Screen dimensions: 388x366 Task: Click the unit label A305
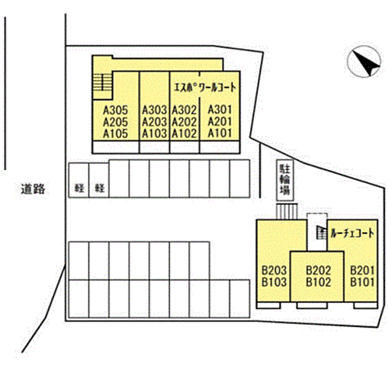(115, 111)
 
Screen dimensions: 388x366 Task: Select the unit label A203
(154, 122)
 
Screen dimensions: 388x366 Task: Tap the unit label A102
(184, 133)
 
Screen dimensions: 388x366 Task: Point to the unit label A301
(220, 110)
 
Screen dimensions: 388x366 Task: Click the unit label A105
(115, 133)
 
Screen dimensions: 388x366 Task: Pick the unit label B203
(274, 271)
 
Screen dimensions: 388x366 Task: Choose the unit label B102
(319, 282)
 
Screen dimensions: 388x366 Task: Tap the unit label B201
(362, 271)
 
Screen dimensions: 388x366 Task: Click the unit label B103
(274, 282)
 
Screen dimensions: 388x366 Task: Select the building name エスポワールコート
(205, 88)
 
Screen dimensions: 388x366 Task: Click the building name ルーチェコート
(352, 233)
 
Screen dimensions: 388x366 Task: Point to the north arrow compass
(364, 62)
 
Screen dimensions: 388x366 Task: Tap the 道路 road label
(33, 189)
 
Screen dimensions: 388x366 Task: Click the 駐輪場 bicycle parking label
(285, 180)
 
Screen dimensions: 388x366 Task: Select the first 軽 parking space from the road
(79, 180)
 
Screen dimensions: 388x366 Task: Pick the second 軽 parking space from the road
(99, 180)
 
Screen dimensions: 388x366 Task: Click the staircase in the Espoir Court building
(103, 82)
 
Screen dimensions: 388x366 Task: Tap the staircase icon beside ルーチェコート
(321, 233)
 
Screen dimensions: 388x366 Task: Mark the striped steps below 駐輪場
(287, 211)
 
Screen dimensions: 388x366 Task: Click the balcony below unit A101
(220, 147)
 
